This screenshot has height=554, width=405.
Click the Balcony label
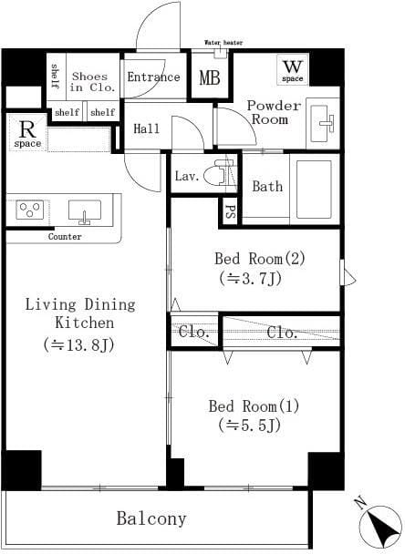click(151, 519)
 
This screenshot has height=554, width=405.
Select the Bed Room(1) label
click(254, 405)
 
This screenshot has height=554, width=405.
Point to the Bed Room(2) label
click(259, 258)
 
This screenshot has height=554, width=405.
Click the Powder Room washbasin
click(323, 120)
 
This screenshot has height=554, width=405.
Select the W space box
click(292, 69)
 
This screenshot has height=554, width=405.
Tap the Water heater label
click(224, 42)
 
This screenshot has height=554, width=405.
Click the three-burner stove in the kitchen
click(29, 210)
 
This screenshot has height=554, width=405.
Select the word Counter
click(65, 237)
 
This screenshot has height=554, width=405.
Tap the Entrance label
click(153, 77)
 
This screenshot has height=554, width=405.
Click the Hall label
click(147, 129)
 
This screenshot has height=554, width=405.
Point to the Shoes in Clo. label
click(88, 83)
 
